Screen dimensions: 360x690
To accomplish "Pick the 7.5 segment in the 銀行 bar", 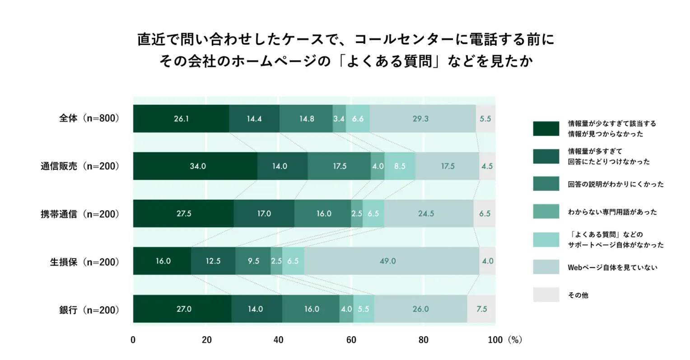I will tap(481, 309).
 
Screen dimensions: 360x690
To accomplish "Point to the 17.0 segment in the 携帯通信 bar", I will tap(264, 214).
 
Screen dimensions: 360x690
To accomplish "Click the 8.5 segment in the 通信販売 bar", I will tap(400, 166).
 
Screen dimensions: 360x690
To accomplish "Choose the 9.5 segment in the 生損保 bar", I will tap(253, 261).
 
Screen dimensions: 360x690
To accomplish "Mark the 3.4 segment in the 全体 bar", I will tap(339, 119).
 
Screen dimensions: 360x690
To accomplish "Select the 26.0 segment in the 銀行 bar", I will tap(420, 309).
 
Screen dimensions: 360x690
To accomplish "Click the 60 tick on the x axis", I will tap(351, 340).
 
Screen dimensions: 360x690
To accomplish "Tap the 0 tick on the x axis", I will tap(133, 340).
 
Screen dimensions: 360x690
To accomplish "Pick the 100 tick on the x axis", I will tap(495, 340).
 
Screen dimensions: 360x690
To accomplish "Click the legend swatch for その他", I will tap(545, 295).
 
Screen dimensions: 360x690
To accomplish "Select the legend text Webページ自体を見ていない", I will tap(612, 267).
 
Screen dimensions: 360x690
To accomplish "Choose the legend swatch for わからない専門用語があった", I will tap(545, 212).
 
